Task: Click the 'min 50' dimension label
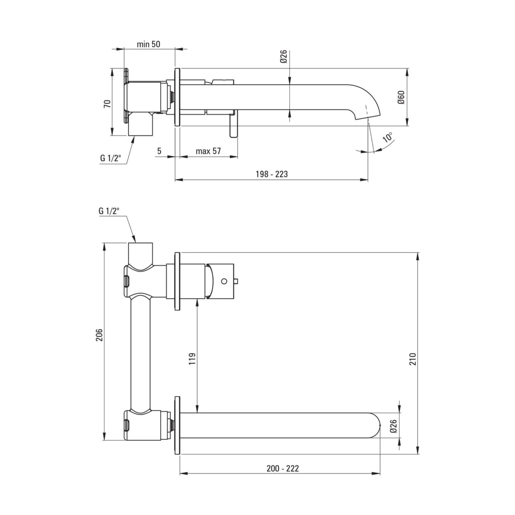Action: click(149, 44)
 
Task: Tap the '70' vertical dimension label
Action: click(107, 104)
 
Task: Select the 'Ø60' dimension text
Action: click(401, 98)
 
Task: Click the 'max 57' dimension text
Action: click(208, 151)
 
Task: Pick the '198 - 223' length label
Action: click(272, 174)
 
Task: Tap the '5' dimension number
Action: click(159, 151)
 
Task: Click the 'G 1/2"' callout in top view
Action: click(111, 158)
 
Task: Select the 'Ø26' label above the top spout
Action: click(283, 56)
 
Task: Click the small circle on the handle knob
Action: click(224, 281)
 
